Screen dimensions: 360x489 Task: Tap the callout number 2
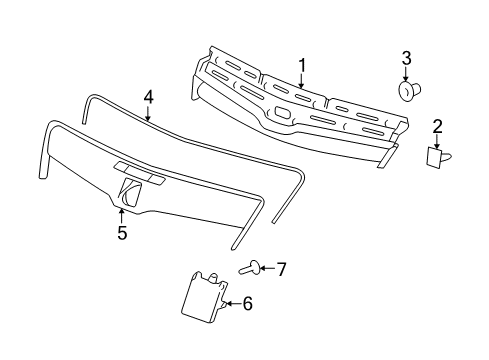click(437, 125)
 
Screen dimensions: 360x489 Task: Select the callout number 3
click(406, 56)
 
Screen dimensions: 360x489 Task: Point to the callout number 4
click(148, 97)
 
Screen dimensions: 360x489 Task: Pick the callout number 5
click(121, 233)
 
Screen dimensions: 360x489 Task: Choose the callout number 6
click(248, 303)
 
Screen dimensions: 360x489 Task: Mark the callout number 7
click(282, 268)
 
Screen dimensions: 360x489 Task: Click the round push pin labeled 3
click(407, 91)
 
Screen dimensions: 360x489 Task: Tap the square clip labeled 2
click(437, 156)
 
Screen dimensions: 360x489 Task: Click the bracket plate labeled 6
click(206, 297)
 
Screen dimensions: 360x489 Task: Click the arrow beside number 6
click(233, 303)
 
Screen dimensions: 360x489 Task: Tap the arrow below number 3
click(406, 73)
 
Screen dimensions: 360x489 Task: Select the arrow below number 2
click(437, 140)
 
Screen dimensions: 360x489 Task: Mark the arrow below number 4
click(148, 113)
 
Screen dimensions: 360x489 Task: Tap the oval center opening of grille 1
click(284, 113)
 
